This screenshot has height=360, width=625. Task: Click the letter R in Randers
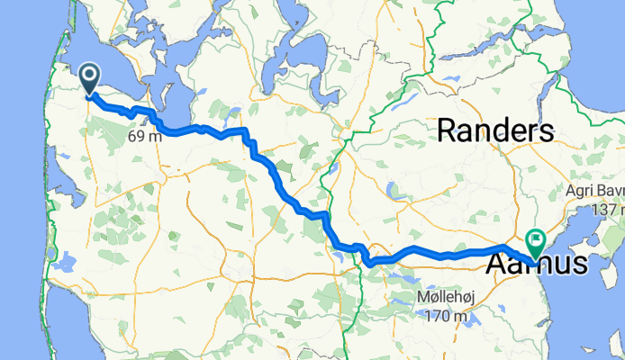[x=446, y=131]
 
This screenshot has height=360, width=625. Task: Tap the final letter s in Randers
[x=547, y=131]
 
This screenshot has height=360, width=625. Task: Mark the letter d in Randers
[x=503, y=131]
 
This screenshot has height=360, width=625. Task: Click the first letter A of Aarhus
[x=497, y=265]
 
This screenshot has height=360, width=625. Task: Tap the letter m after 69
[x=156, y=137]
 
